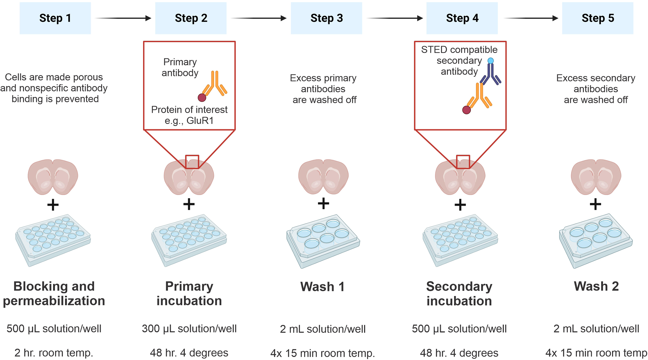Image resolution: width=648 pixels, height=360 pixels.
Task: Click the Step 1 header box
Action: [55, 18]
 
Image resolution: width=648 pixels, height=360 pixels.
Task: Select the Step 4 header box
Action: [462, 18]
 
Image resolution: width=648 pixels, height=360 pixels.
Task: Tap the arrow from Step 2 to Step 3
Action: [259, 18]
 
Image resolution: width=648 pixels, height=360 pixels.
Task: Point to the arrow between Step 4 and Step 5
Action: [531, 18]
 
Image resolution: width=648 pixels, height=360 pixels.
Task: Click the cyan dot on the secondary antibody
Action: [491, 61]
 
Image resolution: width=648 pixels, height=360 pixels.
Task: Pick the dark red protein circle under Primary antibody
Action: [202, 98]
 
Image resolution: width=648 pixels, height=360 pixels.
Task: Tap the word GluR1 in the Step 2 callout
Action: [200, 120]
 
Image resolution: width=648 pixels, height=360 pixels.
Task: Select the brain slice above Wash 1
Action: [323, 177]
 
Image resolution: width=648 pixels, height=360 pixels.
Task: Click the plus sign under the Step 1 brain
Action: [53, 205]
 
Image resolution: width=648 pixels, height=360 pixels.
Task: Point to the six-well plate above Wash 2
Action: [596, 240]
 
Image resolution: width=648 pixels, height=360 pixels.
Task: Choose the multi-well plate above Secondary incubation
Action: [460, 240]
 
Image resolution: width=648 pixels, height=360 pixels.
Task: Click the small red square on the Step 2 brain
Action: [192, 162]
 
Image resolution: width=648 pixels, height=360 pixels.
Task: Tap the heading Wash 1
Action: [322, 287]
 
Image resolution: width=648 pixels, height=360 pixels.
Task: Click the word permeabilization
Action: [54, 301]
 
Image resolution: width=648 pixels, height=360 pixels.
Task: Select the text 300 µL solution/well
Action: [189, 329]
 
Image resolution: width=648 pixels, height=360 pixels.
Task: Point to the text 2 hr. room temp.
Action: [54, 353]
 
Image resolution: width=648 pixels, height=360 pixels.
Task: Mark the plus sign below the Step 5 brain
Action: [595, 204]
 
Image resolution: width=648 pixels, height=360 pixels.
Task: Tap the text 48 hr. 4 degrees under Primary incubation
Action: [189, 353]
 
